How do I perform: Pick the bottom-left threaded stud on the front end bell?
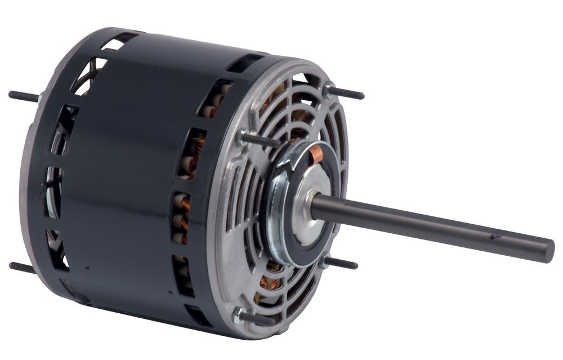click(x=259, y=318)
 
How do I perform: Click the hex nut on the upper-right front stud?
click(x=328, y=89)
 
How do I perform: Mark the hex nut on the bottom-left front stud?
click(x=239, y=315)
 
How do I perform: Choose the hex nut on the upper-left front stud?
click(x=243, y=136)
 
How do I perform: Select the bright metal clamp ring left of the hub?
click(x=276, y=208)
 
